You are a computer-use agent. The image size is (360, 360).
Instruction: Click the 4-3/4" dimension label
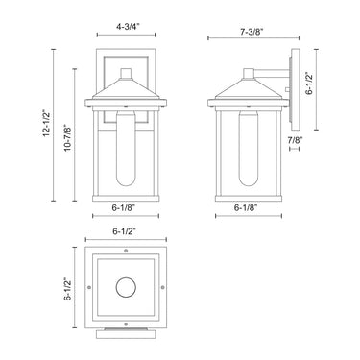click(x=126, y=27)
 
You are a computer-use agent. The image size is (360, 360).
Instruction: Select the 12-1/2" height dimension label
click(x=46, y=124)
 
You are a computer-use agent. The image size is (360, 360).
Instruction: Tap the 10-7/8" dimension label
click(x=67, y=137)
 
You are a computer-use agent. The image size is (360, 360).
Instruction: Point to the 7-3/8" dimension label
click(x=252, y=31)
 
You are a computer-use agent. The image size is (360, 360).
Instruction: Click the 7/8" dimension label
click(x=295, y=139)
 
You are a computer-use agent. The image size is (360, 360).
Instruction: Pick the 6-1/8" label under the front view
click(x=124, y=207)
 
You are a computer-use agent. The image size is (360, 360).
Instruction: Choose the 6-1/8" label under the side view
click(x=246, y=207)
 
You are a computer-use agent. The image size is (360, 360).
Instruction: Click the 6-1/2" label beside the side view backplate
click(x=309, y=84)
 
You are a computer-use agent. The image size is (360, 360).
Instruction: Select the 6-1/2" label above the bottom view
click(x=125, y=231)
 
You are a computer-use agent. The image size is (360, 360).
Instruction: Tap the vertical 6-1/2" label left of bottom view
click(x=67, y=289)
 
